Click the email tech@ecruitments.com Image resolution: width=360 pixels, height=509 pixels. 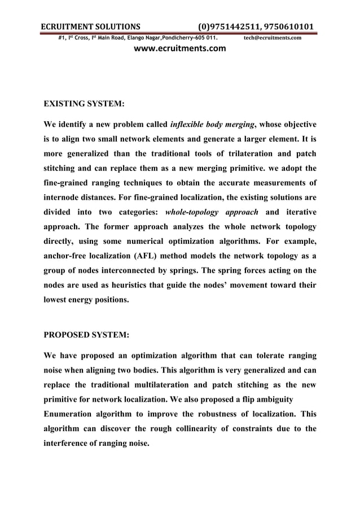coord(272,38)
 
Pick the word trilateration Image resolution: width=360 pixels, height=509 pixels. coord(232,153)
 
